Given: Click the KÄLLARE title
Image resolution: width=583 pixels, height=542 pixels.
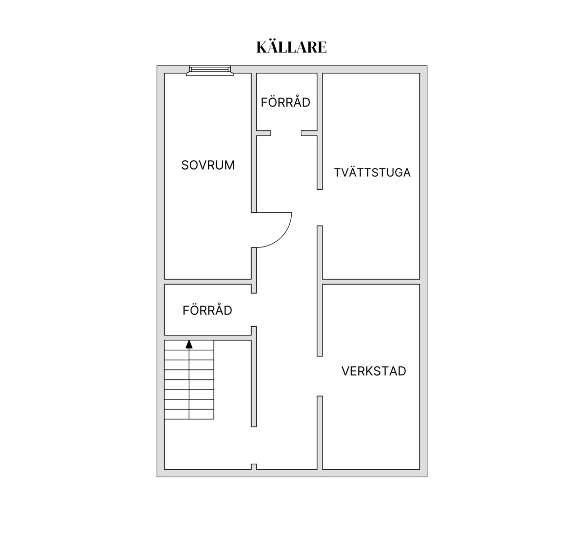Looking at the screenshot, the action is (x=291, y=47).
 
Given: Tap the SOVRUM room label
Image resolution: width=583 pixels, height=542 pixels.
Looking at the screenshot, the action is (x=208, y=165).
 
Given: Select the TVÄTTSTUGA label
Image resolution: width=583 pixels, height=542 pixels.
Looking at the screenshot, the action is (x=372, y=172).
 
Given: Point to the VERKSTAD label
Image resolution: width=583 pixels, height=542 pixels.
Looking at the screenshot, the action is (x=374, y=371).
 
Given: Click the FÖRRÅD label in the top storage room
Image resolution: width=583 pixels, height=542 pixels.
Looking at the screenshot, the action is (x=286, y=102).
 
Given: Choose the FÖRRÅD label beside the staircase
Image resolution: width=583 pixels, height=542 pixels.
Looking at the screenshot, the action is (x=207, y=310).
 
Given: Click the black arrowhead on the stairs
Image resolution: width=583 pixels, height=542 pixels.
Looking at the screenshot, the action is (x=189, y=344).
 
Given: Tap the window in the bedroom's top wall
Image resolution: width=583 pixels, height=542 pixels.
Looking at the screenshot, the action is (x=210, y=71).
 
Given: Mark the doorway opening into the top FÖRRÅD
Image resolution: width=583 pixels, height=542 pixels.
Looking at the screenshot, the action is (x=286, y=133).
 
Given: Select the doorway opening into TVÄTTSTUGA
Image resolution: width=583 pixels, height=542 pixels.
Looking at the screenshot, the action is (x=320, y=208).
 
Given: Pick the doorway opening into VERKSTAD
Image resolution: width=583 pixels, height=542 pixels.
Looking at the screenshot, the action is (x=320, y=376).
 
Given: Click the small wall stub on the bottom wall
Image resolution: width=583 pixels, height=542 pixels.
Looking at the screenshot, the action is (x=254, y=467).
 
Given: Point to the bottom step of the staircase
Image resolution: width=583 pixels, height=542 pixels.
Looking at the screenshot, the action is (x=189, y=414).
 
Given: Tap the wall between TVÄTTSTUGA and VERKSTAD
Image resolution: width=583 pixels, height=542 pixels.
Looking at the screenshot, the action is (x=371, y=282).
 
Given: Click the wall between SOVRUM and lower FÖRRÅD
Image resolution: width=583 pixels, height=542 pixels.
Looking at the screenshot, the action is (x=208, y=282).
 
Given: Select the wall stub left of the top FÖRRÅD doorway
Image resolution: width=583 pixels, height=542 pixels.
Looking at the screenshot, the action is (x=264, y=133).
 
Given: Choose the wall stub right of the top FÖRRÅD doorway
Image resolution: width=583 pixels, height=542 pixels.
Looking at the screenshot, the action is (x=309, y=133).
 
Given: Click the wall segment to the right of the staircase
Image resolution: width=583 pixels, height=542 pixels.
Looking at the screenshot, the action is (x=254, y=377).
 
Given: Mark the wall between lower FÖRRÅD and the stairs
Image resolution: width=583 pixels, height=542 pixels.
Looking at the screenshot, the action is (x=208, y=338).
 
